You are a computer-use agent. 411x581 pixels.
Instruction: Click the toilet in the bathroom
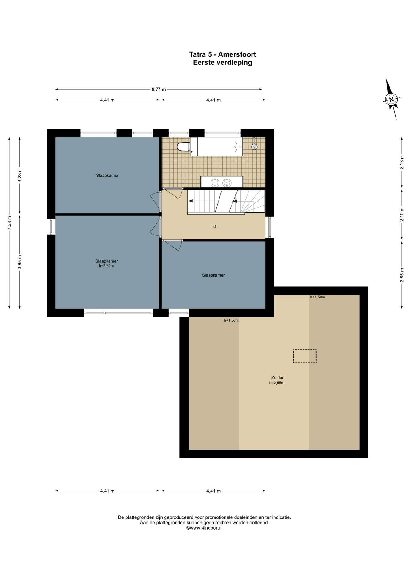(184, 147)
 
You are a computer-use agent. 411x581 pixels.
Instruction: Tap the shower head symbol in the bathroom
(254, 147)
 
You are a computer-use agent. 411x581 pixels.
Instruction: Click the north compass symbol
(391, 99)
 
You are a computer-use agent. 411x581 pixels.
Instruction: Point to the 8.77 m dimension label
(159, 90)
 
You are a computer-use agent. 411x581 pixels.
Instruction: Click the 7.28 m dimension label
(9, 223)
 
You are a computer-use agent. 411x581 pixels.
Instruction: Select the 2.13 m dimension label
(402, 162)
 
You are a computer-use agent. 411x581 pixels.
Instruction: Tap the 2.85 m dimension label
(402, 275)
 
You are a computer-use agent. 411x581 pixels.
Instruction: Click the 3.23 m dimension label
(20, 175)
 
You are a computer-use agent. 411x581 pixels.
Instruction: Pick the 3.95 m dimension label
(20, 262)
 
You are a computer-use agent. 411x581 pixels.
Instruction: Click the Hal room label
(214, 226)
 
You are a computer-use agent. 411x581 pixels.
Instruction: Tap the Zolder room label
(277, 378)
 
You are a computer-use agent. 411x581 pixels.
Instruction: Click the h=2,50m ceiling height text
(106, 266)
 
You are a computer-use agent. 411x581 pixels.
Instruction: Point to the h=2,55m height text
(277, 383)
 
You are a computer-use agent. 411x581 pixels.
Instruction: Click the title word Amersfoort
(237, 54)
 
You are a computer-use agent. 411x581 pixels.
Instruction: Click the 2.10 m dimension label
(402, 214)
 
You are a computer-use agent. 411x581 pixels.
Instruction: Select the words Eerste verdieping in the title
(222, 63)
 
